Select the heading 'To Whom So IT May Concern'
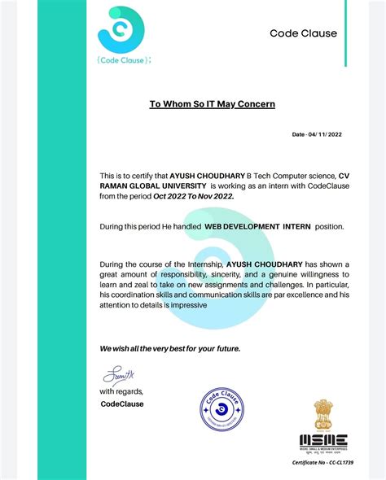(212, 104)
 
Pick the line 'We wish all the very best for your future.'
(170, 348)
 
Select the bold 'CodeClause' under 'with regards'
(122, 404)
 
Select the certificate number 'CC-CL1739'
(339, 463)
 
